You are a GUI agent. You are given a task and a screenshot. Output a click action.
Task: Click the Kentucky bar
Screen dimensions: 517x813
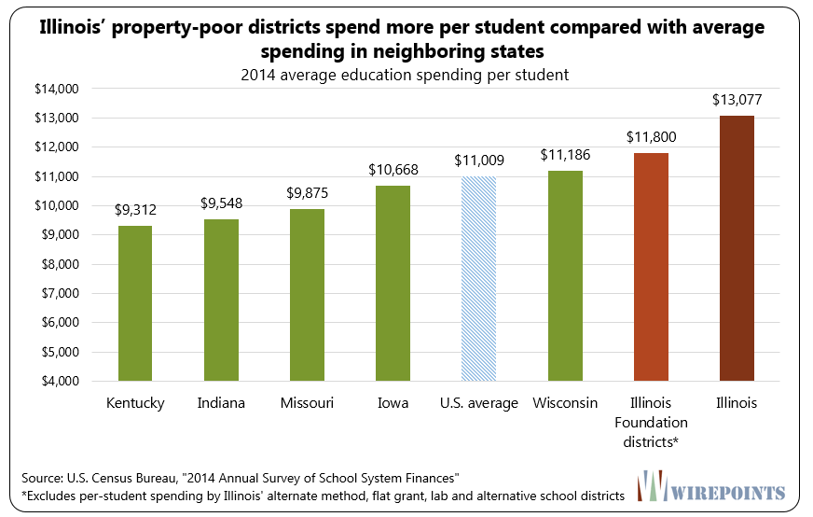pyautogui.click(x=135, y=303)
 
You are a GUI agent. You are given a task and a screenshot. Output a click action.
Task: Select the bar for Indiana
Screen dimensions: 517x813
pyautogui.click(x=221, y=300)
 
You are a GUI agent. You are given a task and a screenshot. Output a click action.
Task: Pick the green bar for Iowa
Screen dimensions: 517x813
pyautogui.click(x=393, y=284)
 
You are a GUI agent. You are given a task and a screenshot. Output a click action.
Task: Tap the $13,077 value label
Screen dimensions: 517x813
pyautogui.click(x=737, y=99)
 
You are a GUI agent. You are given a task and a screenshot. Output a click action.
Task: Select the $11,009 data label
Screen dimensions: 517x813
pyautogui.click(x=479, y=160)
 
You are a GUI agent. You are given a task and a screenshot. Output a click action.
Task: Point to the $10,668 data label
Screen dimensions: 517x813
pyautogui.click(x=393, y=169)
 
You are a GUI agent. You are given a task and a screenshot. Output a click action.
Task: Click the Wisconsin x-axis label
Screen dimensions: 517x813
pyautogui.click(x=565, y=403)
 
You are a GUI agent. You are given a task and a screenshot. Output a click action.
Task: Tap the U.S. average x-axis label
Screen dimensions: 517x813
pyautogui.click(x=479, y=403)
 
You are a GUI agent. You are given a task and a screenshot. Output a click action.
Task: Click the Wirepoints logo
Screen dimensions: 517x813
pyautogui.click(x=723, y=488)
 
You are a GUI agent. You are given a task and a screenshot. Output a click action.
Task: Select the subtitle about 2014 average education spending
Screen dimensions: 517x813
pyautogui.click(x=406, y=72)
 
